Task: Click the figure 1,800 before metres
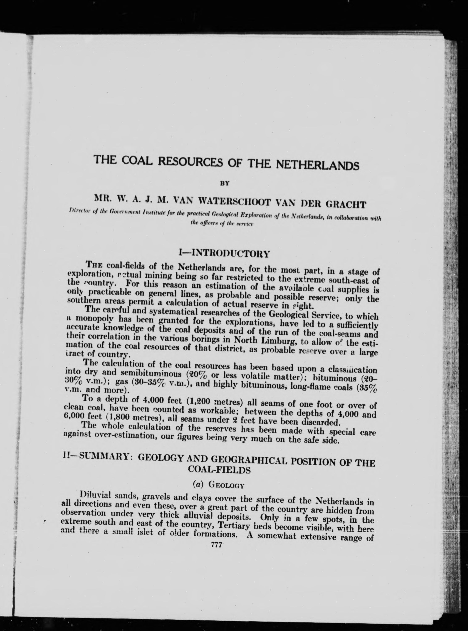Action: [x=107, y=417]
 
